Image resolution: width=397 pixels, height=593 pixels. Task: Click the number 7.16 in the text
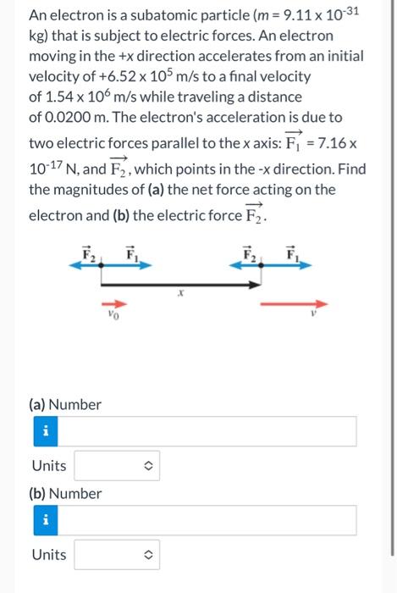coord(344,143)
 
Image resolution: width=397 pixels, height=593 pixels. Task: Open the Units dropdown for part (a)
coord(117,466)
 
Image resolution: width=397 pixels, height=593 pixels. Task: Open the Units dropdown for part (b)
coord(117,555)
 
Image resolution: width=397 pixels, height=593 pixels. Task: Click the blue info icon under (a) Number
coord(45,431)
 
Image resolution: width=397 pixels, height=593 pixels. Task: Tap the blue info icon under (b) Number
coord(45,520)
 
